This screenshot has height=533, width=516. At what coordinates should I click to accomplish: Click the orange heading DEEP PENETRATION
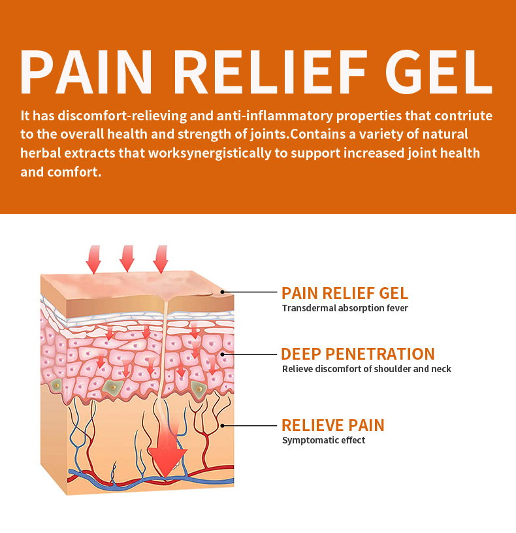point(357,354)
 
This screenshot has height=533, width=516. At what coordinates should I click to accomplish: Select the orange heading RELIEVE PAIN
point(332,425)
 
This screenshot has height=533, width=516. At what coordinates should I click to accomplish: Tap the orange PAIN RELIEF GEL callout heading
point(345,293)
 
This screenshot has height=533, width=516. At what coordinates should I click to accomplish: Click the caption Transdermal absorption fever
point(345,308)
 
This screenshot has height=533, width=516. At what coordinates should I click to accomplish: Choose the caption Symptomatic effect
point(323,440)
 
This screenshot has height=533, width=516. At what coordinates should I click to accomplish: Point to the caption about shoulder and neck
point(366,369)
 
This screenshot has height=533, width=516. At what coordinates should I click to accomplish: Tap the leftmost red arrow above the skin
point(94,259)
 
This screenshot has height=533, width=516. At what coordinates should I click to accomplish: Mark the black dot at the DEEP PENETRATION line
point(223,354)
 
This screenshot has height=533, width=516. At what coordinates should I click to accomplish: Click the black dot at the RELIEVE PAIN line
point(223,425)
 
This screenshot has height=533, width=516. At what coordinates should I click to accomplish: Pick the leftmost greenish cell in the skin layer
point(57,385)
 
